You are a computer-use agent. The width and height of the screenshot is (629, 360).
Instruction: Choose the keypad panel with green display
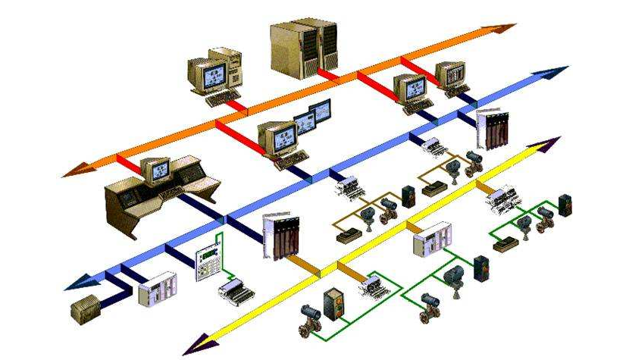[205, 261]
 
